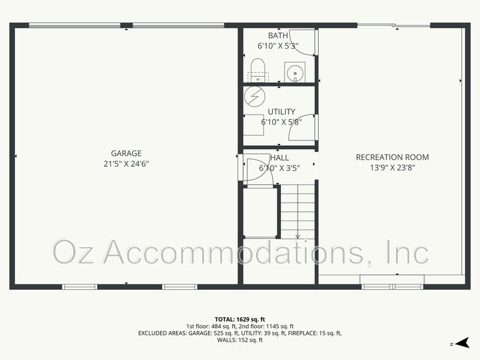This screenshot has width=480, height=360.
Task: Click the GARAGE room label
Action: coord(126,153)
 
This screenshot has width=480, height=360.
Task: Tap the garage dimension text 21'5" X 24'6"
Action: coord(126,163)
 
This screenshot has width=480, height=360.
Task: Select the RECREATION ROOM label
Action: coord(392,157)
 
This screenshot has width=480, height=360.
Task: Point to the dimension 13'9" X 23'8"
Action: coord(392,167)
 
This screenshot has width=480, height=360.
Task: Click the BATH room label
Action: coord(278,35)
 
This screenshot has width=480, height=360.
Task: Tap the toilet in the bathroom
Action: coord(258,70)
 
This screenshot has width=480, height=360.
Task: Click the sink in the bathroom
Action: coord(295,73)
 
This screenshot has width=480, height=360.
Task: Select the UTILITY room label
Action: coord(281,112)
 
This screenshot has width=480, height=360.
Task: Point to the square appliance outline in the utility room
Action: coord(253,123)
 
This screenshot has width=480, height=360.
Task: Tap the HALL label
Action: coord(280,158)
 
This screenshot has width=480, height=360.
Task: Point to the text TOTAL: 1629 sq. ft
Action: coord(240,319)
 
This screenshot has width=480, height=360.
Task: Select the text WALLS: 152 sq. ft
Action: coord(240,340)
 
